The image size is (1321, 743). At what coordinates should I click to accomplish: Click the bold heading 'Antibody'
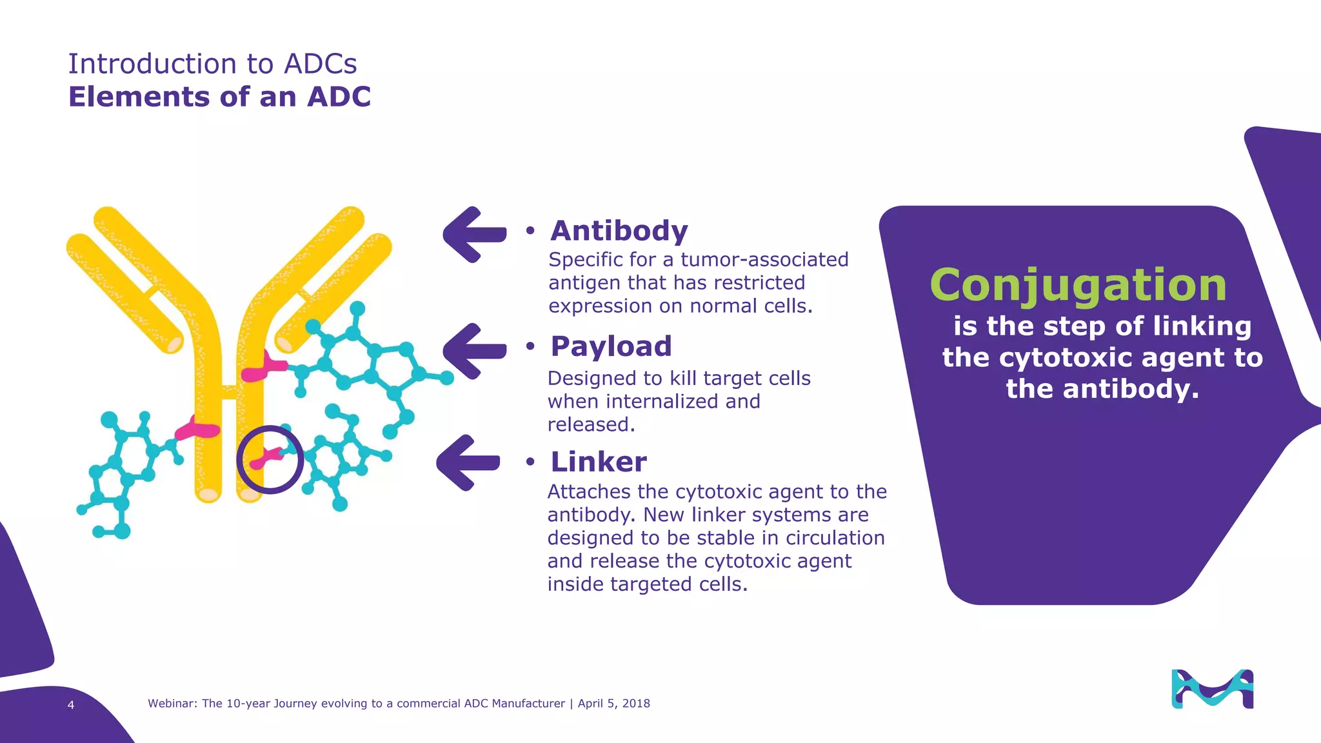click(619, 231)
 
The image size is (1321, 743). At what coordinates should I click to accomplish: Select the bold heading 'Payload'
click(611, 346)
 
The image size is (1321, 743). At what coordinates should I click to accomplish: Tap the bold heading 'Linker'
click(598, 462)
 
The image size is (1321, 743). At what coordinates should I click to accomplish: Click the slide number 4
click(71, 705)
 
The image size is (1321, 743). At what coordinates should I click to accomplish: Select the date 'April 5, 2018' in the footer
click(613, 704)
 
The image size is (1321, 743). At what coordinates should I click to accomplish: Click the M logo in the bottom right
click(1212, 689)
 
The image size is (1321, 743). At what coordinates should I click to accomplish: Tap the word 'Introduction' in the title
click(152, 64)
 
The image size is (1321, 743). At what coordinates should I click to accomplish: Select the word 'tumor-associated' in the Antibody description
click(764, 259)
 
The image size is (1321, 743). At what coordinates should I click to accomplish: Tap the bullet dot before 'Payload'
click(530, 347)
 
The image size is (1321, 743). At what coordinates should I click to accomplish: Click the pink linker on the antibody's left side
click(197, 429)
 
